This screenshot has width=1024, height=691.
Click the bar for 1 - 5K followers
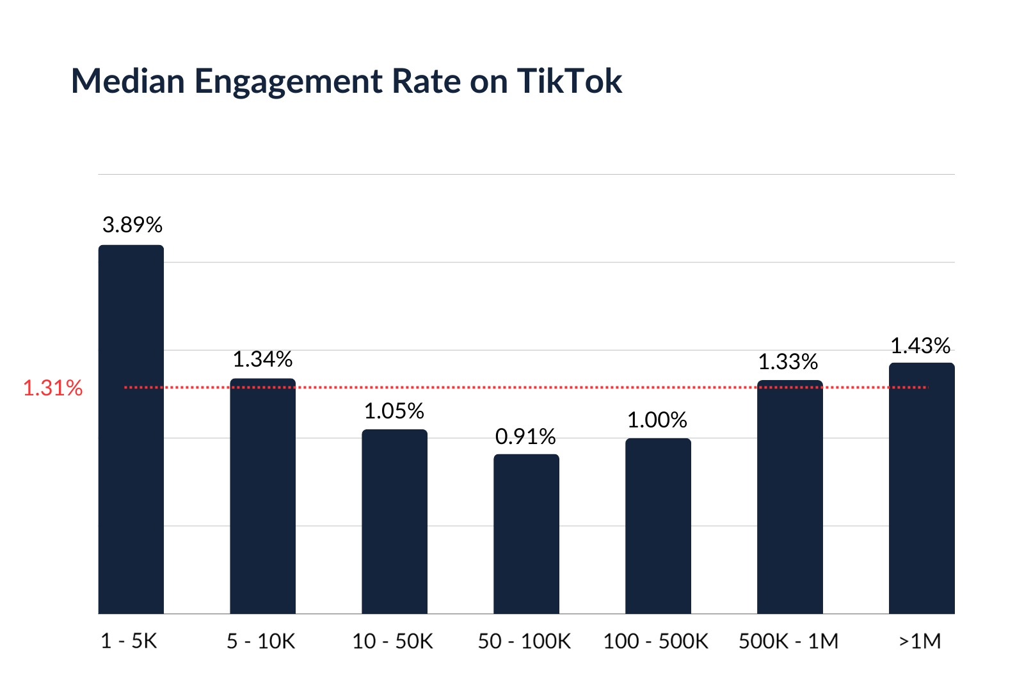coord(131,429)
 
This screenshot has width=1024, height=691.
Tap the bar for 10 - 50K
coord(394,521)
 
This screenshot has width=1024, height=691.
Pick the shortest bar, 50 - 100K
coord(526,534)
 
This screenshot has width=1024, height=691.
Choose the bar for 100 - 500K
coord(658,526)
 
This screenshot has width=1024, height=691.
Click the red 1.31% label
coord(52,388)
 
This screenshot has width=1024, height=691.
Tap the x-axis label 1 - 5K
coord(129,640)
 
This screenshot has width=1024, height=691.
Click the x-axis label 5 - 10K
coord(261,640)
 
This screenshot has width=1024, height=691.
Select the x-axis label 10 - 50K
coord(393,640)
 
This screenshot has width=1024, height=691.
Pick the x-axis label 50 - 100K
coord(525,640)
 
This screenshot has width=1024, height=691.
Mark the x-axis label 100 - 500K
coord(656,640)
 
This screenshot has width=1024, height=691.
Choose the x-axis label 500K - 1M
coord(788,640)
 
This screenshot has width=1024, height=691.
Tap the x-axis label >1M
coord(919,640)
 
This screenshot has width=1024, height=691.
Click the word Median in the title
coord(128,81)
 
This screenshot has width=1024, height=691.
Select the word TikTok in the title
coord(569,81)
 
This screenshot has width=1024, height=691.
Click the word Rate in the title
coord(426,81)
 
